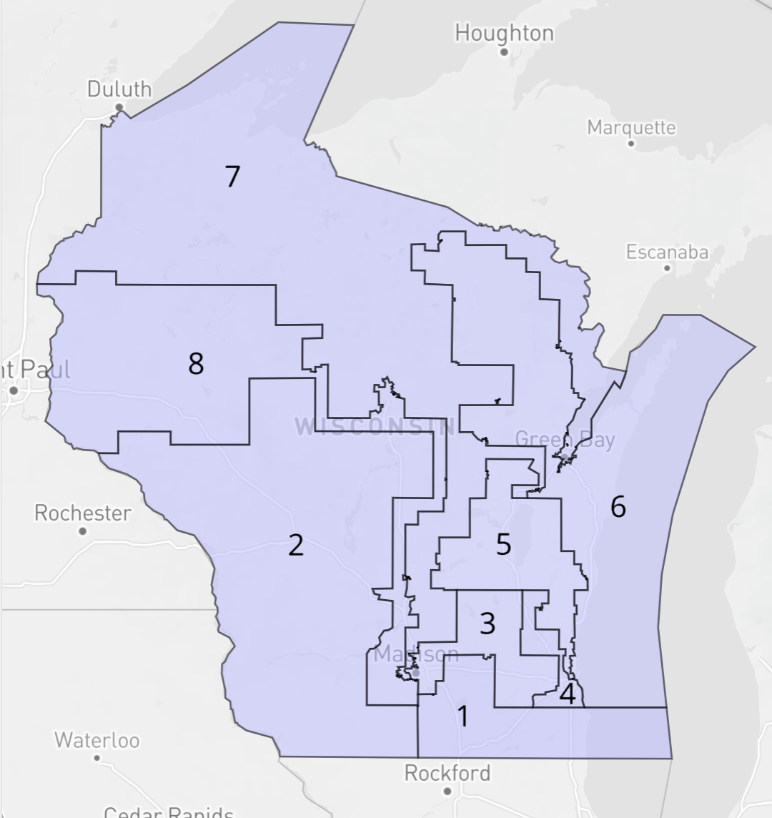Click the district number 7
(x=232, y=177)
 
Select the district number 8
(x=196, y=364)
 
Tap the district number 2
(x=296, y=546)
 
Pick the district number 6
(x=618, y=507)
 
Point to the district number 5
(x=504, y=545)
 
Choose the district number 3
(x=488, y=624)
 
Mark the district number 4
(x=568, y=694)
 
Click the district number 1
(x=463, y=716)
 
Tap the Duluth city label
(x=119, y=89)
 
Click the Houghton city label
(x=504, y=33)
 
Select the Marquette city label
(x=631, y=127)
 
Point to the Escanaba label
(x=667, y=252)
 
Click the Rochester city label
(x=83, y=513)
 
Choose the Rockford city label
(x=447, y=773)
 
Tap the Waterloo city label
(x=97, y=739)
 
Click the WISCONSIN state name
(x=375, y=427)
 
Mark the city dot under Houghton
(x=504, y=52)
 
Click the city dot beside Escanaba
(x=667, y=268)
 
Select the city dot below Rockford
(x=447, y=791)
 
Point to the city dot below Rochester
(x=83, y=531)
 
